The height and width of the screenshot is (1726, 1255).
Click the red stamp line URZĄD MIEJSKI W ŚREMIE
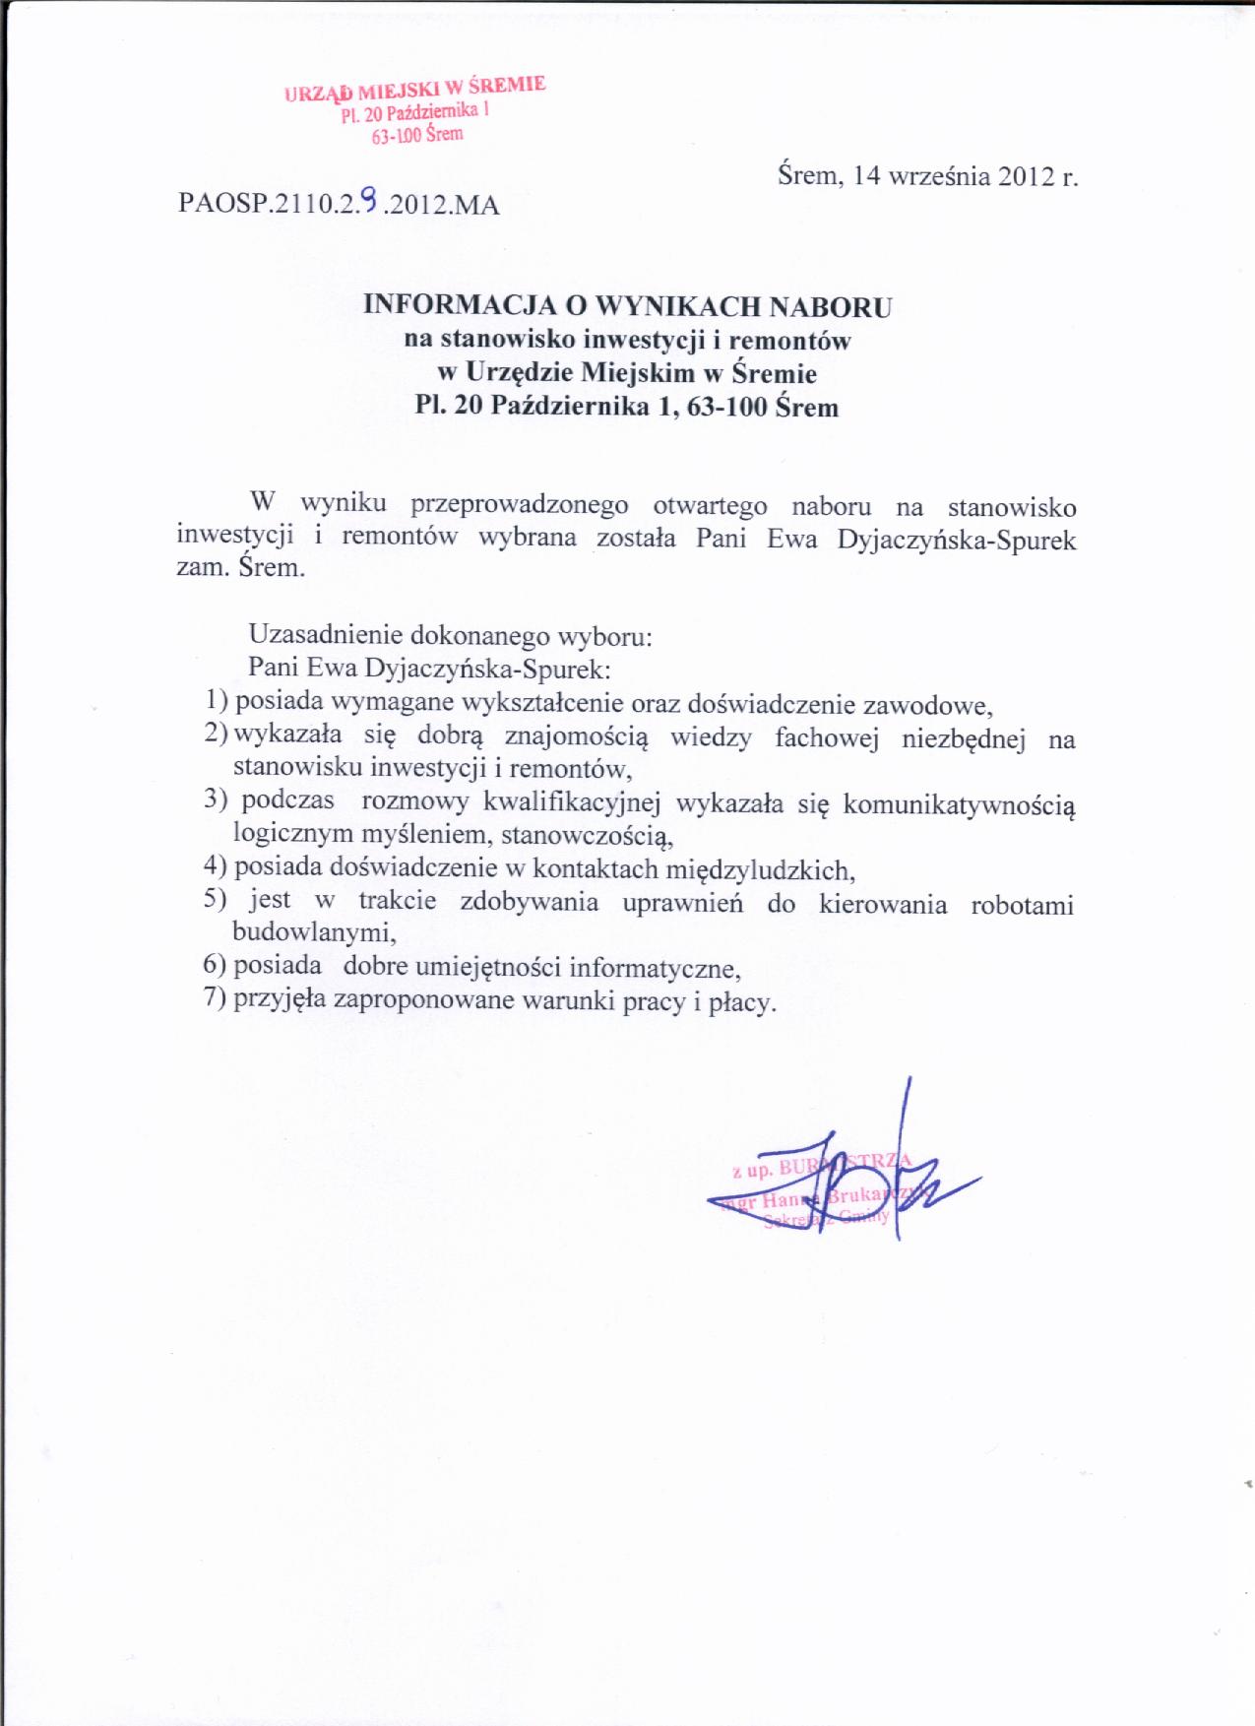click(414, 90)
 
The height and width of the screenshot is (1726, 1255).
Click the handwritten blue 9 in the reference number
click(368, 202)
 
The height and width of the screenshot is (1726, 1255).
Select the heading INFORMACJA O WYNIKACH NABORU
click(627, 305)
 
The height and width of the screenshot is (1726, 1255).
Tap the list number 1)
click(217, 701)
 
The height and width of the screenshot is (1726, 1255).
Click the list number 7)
click(216, 999)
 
